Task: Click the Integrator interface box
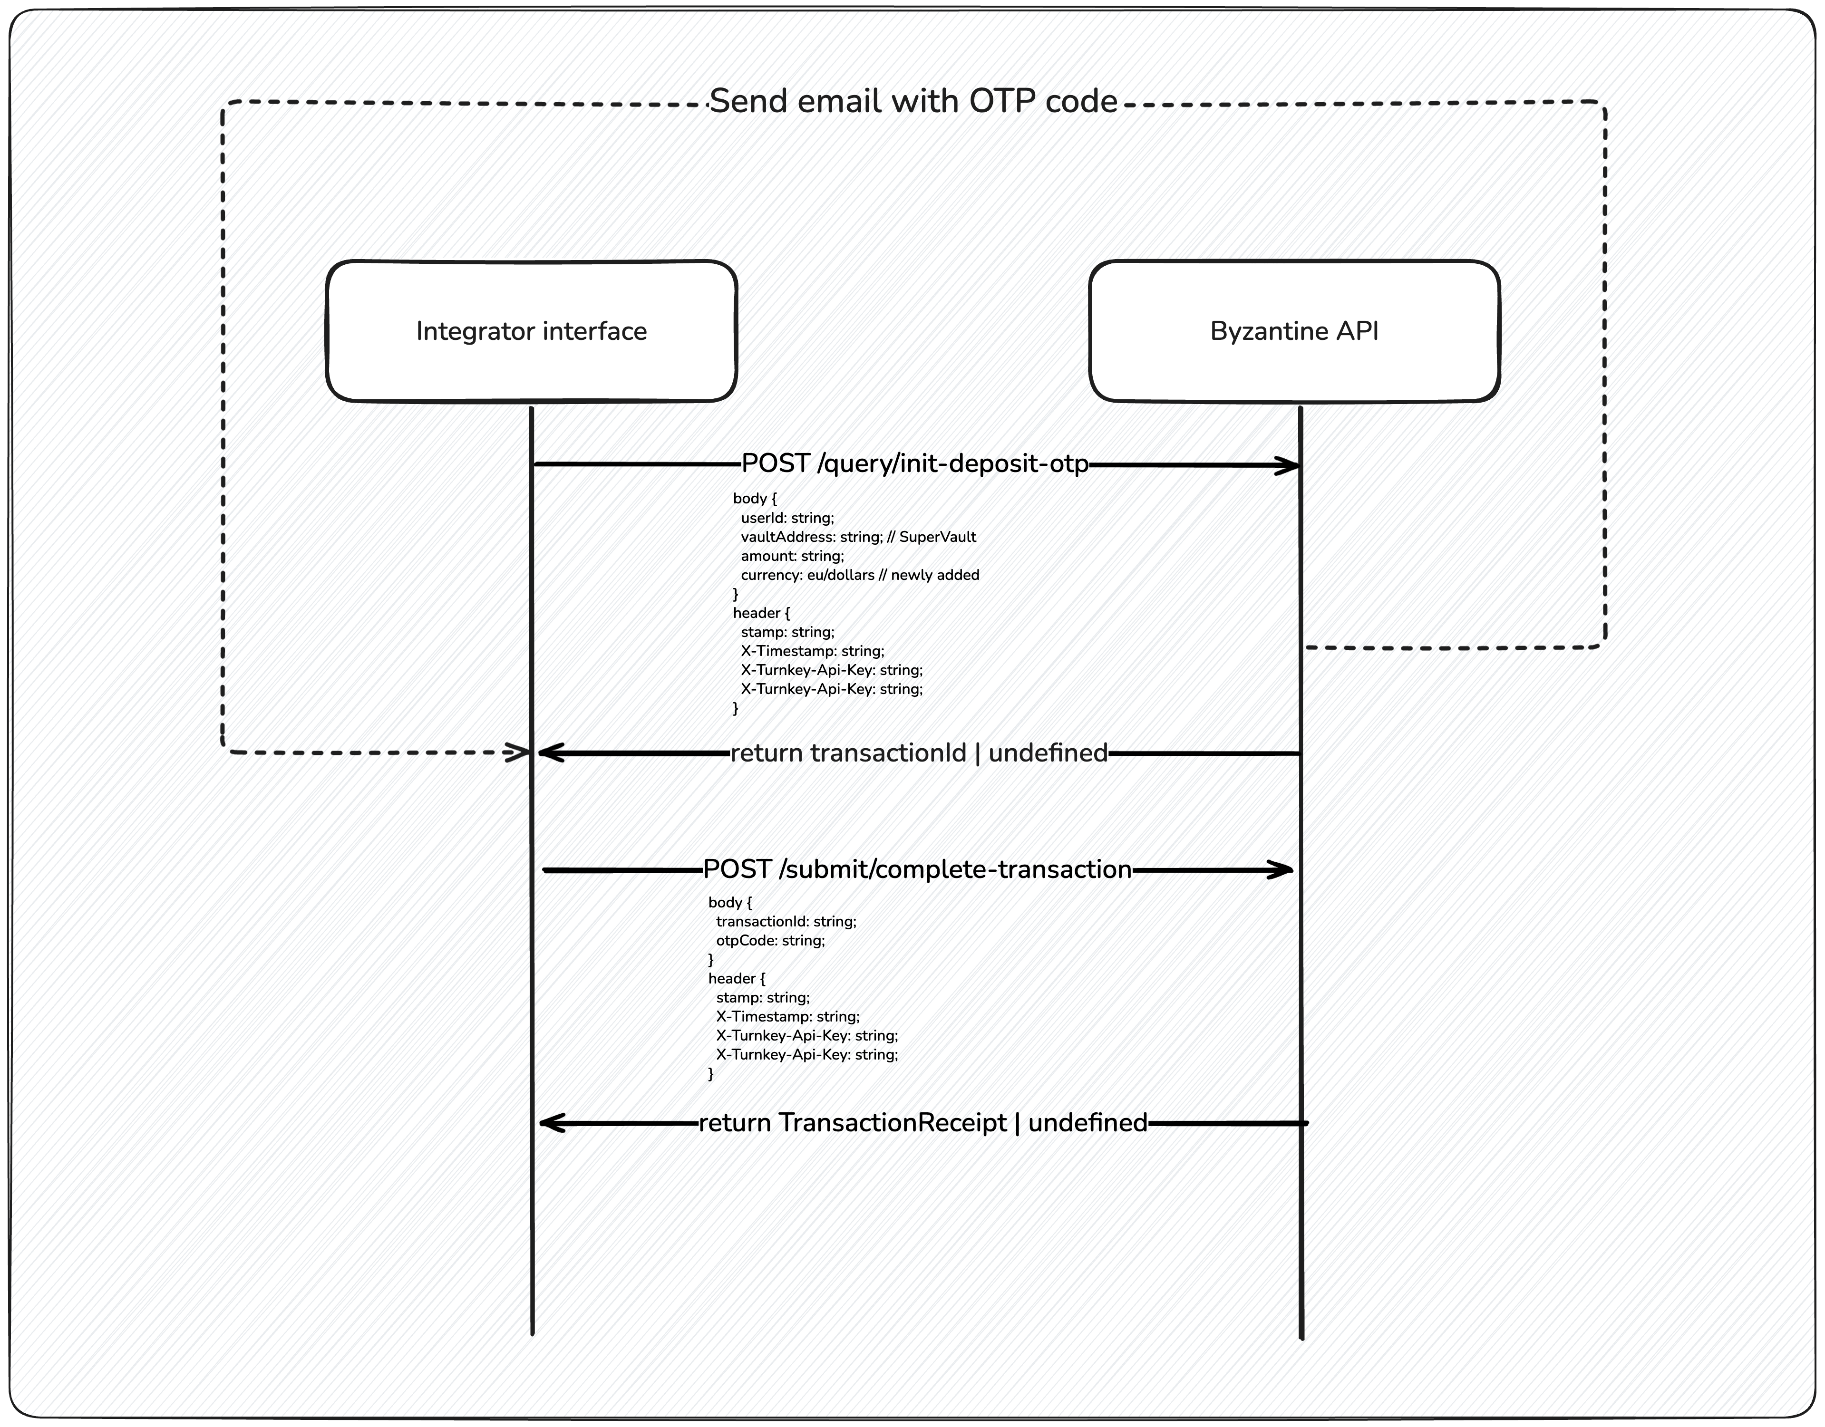coord(532,331)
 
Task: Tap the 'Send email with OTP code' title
coord(913,101)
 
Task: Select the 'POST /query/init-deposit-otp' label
coord(915,463)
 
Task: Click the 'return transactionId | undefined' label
coord(919,753)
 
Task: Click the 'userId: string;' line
coord(787,518)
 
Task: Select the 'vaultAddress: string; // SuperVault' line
coord(858,537)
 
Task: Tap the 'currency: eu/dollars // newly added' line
coord(860,575)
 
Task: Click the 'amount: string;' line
coord(792,556)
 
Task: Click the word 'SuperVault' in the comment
coord(938,537)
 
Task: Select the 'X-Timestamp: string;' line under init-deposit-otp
coord(812,651)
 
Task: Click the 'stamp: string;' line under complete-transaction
coord(762,998)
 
